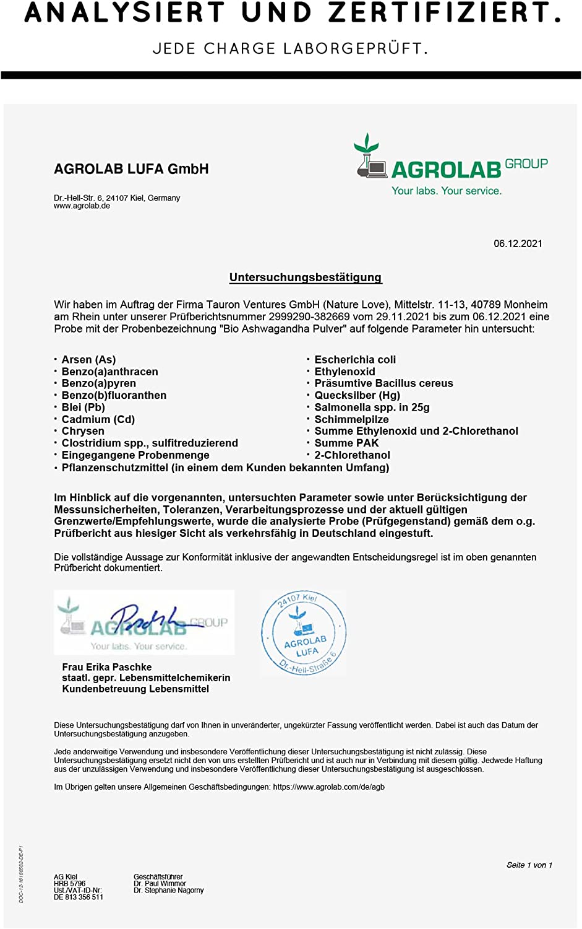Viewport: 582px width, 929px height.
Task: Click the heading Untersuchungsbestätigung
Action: pos(306,277)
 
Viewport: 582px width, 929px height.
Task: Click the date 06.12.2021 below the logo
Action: pos(518,243)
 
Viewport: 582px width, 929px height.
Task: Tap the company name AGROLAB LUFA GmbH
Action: pos(131,169)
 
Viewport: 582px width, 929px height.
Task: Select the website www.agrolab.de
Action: pos(82,206)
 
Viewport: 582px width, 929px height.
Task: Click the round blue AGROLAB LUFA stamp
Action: pos(304,633)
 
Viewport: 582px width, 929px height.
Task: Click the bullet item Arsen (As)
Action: pos(88,360)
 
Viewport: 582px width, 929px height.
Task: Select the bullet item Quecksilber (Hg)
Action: pos(357,395)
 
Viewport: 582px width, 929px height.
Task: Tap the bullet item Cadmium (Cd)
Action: pos(98,419)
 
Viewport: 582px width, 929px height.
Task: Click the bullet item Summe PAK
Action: pos(346,443)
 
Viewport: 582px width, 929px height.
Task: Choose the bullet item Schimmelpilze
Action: pos(351,419)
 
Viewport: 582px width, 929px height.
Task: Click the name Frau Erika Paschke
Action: pos(107,667)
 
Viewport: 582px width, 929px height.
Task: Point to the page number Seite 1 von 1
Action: pos(529,865)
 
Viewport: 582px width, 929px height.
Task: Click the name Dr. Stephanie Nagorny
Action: pos(168,891)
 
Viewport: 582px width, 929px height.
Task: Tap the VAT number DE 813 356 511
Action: pos(79,897)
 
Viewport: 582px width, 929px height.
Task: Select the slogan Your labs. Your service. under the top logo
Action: pos(447,191)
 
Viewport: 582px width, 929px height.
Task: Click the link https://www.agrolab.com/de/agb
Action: pos(328,787)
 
